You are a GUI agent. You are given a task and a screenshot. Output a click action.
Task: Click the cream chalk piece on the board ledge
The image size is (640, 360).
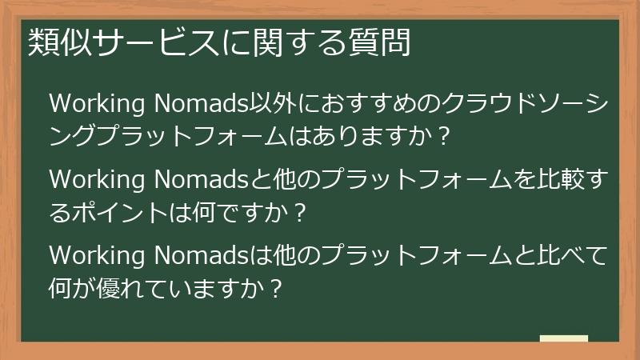pos(563,338)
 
